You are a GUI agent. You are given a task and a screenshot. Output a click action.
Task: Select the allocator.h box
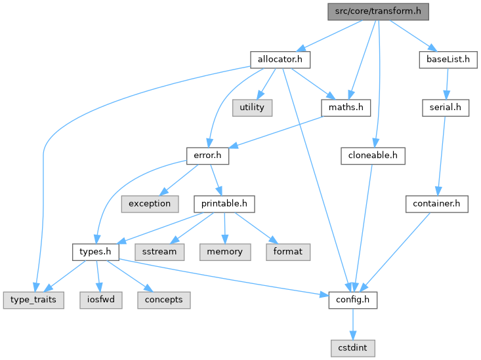click(x=280, y=59)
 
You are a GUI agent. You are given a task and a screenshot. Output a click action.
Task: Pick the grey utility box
click(x=251, y=107)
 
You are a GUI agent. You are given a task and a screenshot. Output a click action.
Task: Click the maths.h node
click(x=346, y=107)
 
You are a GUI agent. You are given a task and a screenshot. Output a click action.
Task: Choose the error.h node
click(x=208, y=155)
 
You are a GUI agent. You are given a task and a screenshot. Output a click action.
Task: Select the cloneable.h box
click(x=373, y=155)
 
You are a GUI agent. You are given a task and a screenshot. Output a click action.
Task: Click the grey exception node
click(x=150, y=203)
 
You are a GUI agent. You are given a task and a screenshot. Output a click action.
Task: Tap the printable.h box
click(x=224, y=203)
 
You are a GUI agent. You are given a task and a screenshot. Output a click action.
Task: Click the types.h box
click(x=94, y=251)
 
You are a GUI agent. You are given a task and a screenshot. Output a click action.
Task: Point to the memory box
click(x=225, y=251)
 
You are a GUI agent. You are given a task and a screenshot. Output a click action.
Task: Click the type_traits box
click(x=33, y=300)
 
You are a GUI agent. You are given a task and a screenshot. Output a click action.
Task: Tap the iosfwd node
click(x=99, y=300)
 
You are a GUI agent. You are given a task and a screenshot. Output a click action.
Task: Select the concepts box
click(x=164, y=300)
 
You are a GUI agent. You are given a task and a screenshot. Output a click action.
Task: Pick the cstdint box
click(x=354, y=348)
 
